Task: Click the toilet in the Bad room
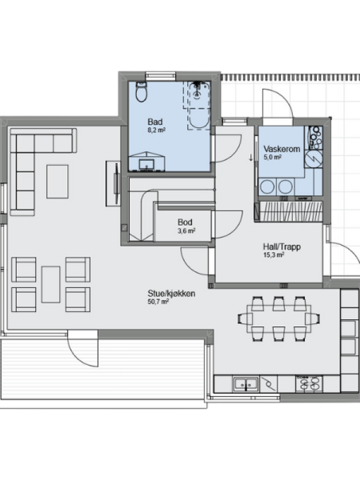(x=141, y=92)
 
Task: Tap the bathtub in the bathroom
(x=199, y=105)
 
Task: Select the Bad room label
(x=155, y=122)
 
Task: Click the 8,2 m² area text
(x=157, y=130)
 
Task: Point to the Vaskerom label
(x=281, y=149)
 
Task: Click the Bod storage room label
(x=185, y=222)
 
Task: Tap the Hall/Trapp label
(x=281, y=247)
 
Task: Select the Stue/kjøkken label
(x=172, y=293)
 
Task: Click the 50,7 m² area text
(x=158, y=302)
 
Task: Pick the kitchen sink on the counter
(x=246, y=384)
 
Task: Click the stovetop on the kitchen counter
(x=308, y=383)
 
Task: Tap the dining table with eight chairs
(x=279, y=319)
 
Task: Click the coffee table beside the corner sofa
(x=57, y=182)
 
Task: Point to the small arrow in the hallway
(x=251, y=157)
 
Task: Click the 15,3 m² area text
(x=274, y=255)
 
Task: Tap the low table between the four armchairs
(x=51, y=284)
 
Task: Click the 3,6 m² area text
(x=187, y=231)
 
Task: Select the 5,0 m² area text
(x=272, y=157)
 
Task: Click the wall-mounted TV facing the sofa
(x=116, y=183)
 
